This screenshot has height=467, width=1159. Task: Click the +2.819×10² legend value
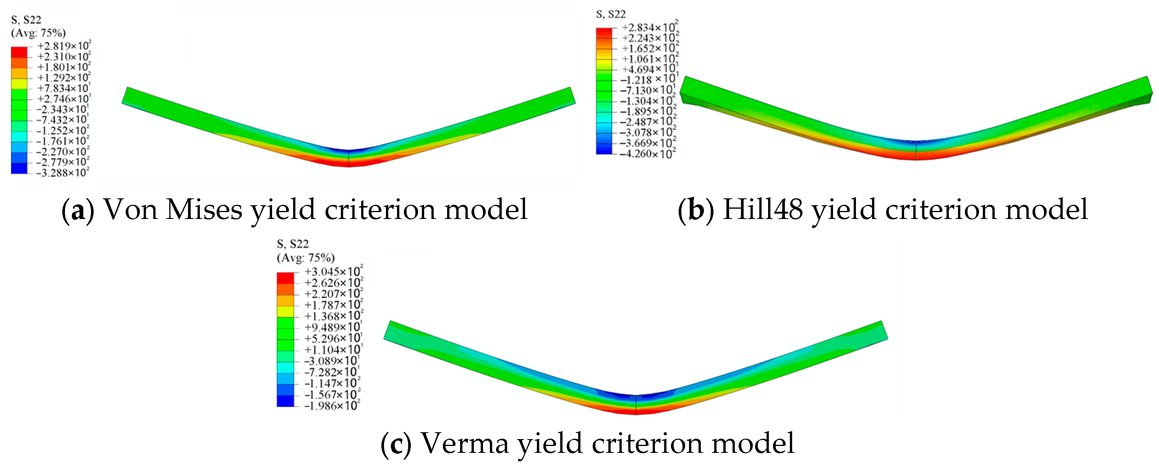[63, 46]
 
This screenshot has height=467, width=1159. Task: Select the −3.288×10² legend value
[63, 173]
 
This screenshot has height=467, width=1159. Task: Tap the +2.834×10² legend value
[650, 28]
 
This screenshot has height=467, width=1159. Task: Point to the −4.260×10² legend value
[648, 154]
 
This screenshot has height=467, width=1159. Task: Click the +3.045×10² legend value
[333, 272]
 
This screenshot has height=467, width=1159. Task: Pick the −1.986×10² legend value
[332, 406]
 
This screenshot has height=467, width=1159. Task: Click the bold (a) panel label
[78, 210]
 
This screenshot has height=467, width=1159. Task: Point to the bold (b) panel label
[695, 210]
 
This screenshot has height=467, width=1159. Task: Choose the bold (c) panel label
[396, 444]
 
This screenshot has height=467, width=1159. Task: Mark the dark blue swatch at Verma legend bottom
[285, 401]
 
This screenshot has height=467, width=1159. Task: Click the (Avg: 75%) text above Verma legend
[305, 258]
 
